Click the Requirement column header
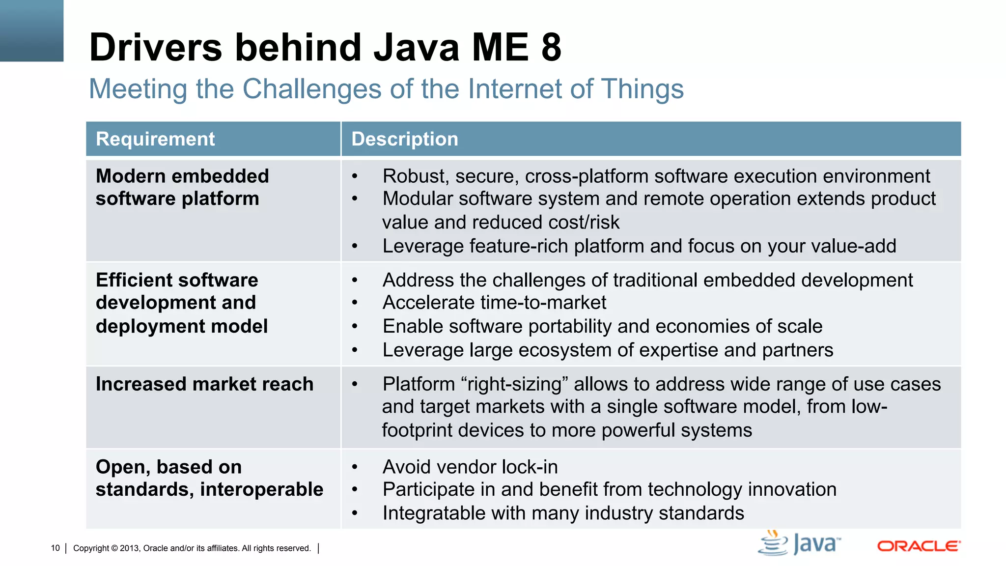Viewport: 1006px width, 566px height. (155, 139)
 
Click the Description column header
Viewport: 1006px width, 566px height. (405, 139)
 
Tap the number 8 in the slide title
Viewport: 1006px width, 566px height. (551, 48)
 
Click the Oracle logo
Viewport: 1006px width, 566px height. (919, 546)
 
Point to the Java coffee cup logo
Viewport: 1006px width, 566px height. (773, 543)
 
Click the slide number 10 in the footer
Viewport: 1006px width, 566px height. (55, 548)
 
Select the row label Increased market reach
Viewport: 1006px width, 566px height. (204, 384)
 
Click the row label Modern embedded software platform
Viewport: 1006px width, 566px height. (182, 188)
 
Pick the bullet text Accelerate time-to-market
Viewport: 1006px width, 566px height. (494, 303)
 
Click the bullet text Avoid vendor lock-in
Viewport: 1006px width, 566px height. (470, 467)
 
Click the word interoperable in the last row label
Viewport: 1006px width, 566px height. (261, 490)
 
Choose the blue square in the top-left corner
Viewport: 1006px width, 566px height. (31, 30)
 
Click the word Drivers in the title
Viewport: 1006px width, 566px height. (156, 48)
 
